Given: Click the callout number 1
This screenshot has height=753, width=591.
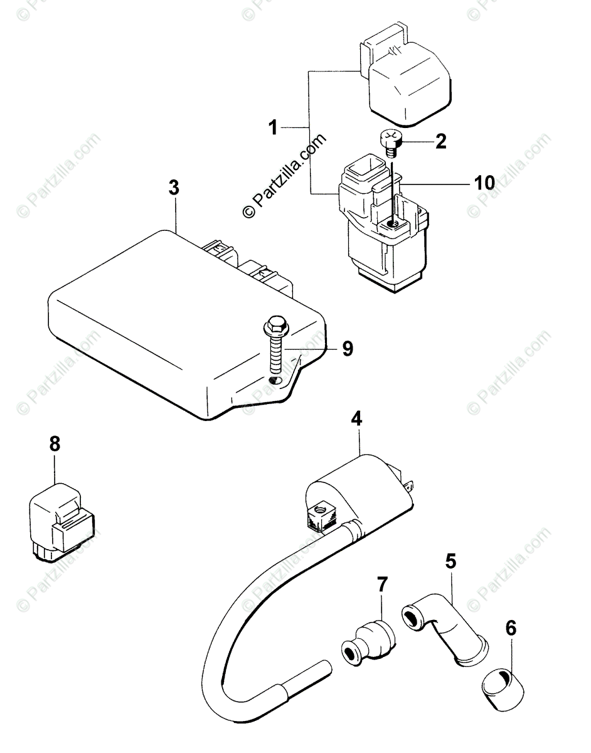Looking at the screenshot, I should click(274, 129).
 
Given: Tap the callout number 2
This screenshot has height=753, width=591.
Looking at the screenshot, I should click(441, 141).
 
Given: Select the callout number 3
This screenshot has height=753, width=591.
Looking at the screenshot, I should click(174, 188).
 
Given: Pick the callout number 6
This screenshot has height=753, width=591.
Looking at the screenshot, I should click(512, 627).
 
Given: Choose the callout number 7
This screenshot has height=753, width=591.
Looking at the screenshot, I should click(382, 585).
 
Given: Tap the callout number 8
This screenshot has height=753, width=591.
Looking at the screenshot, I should click(55, 444).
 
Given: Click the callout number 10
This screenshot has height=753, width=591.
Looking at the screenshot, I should click(484, 183).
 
